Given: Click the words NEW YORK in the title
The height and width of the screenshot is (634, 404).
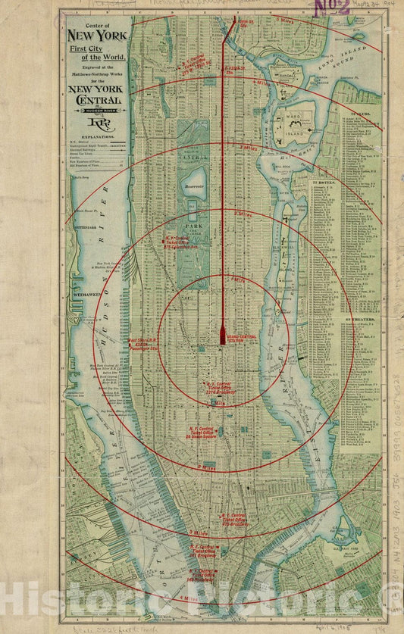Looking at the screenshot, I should (x=97, y=36).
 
